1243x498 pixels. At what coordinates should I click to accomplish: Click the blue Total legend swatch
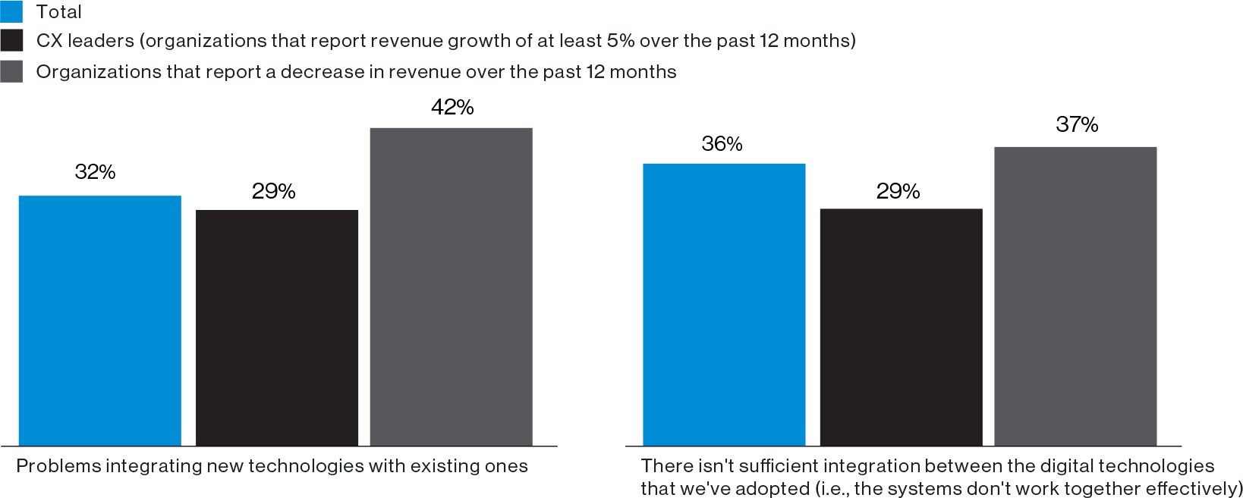pos(11,11)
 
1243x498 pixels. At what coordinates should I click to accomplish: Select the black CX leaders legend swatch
pos(11,41)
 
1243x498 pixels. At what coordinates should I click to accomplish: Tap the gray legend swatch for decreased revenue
pos(11,72)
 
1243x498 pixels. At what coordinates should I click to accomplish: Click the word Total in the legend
pos(59,12)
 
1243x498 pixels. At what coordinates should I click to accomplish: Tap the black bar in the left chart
pos(276,327)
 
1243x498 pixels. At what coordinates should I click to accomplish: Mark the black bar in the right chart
pos(901,327)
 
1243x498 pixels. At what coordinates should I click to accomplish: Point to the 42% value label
pos(452,108)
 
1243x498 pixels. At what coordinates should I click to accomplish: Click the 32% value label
pos(95,173)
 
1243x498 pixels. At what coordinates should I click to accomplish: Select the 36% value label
pos(722,144)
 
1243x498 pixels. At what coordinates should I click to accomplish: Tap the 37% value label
pos(1077,125)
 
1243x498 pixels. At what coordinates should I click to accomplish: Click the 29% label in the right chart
pos(898,192)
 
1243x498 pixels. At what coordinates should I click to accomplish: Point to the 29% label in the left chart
pos(273,192)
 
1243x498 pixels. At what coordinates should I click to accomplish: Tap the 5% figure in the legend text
pos(620,41)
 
